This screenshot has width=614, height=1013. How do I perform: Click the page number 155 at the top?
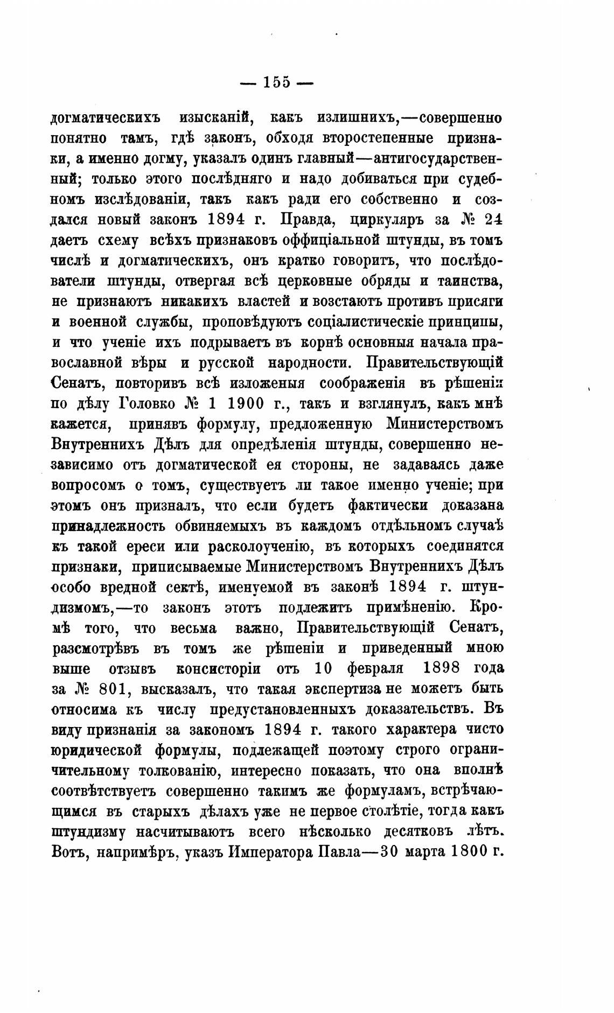pyautogui.click(x=276, y=82)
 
